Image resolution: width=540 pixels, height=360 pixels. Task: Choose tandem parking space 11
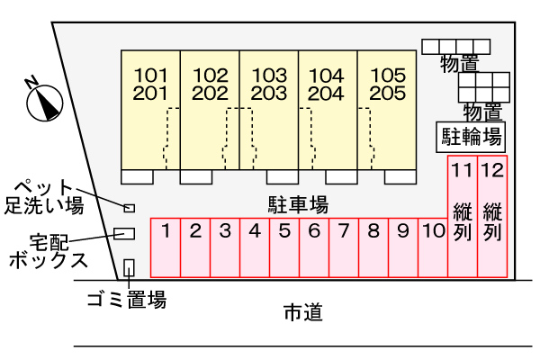click(x=463, y=216)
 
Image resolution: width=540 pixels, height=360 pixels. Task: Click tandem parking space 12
click(x=491, y=216)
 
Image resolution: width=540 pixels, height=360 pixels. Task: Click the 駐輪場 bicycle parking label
click(x=470, y=137)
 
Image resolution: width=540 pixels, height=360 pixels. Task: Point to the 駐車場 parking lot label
click(x=298, y=204)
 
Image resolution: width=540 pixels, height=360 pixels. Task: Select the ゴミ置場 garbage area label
click(x=126, y=300)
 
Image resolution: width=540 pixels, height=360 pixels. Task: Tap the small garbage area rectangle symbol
click(x=129, y=266)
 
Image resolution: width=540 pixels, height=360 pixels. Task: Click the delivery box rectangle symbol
click(x=124, y=233)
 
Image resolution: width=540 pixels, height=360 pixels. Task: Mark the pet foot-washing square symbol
click(x=129, y=207)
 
